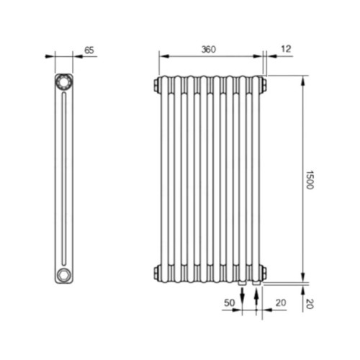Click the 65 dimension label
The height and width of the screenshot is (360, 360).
point(89,50)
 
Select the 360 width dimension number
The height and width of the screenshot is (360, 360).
point(209,50)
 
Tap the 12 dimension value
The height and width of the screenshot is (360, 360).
point(286,49)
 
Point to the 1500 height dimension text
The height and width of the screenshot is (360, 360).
point(310,180)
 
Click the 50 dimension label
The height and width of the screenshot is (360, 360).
point(229,303)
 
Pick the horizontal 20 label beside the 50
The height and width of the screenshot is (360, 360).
point(281,303)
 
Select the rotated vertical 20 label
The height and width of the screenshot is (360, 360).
point(310,304)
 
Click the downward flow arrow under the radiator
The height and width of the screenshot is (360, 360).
point(243,297)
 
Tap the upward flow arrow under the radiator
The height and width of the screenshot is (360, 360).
point(256,297)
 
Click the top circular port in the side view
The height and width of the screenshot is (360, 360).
point(64,82)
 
